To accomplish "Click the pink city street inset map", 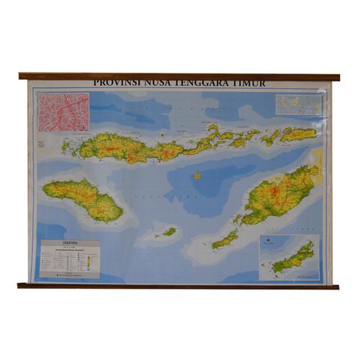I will point(63,112).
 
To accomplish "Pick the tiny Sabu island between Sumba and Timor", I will point(169,232).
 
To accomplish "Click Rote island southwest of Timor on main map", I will point(225,240).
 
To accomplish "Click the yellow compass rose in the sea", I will point(197,175).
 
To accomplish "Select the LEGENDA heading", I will point(69,243).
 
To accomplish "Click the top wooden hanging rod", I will point(180,76).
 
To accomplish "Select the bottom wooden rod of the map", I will point(180,286).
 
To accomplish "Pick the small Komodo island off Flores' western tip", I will point(66,147).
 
